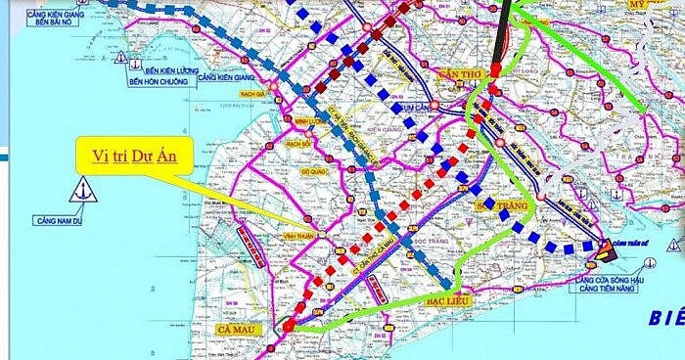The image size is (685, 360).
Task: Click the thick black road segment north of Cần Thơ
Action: pos(502,34)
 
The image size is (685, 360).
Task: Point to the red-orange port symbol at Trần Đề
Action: pos(608,250)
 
